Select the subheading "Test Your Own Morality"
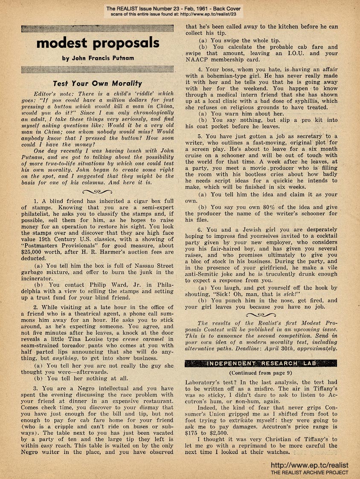pyautogui.click(x=97, y=83)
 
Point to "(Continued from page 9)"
pyautogui.click(x=261, y=372)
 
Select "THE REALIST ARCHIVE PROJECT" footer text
pyautogui.click(x=309, y=472)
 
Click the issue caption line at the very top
pyautogui.click(x=180, y=9)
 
